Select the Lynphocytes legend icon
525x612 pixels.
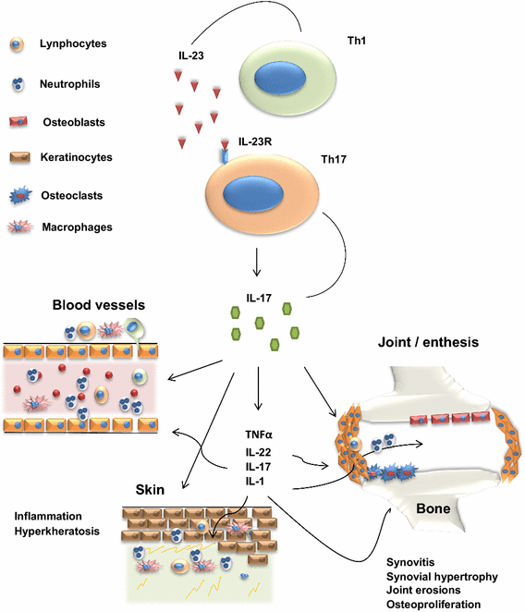[x=23, y=44]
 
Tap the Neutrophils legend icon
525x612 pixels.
[x=23, y=83]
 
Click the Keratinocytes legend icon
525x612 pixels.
[x=23, y=158]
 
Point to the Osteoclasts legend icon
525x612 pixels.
[x=23, y=194]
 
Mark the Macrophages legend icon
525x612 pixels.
[x=23, y=227]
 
